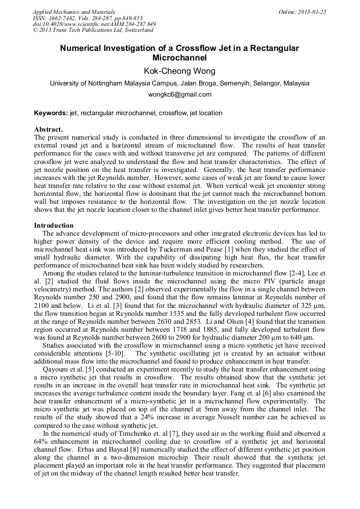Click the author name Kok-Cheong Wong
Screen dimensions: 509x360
pyautogui.click(x=179, y=71)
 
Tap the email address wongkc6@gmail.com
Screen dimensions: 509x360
pyautogui.click(x=179, y=94)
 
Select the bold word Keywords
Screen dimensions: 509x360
pyautogui.click(x=51, y=113)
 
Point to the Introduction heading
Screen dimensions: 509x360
pyautogui.click(x=54, y=226)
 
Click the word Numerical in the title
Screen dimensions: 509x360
pyautogui.click(x=83, y=48)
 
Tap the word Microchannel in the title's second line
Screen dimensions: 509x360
pyautogui.click(x=179, y=57)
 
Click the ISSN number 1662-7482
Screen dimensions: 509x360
pyautogui.click(x=65, y=18)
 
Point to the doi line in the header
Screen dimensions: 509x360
pyautogui.click(x=94, y=24)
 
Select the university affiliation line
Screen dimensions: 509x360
pyautogui.click(x=179, y=83)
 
